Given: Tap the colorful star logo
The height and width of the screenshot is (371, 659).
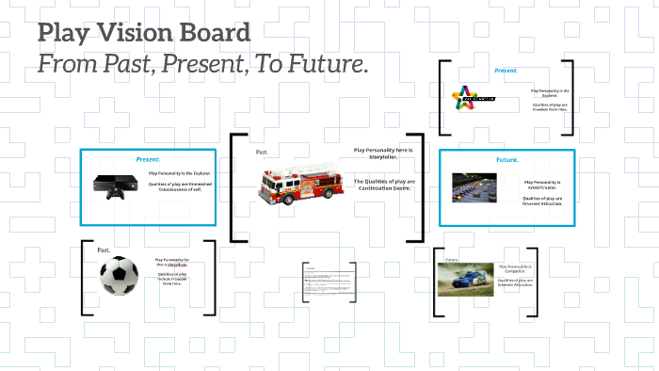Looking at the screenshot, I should (x=465, y=97).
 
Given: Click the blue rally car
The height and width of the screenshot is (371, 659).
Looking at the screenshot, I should (x=465, y=279).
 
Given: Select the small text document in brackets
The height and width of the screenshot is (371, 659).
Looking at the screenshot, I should (x=329, y=281).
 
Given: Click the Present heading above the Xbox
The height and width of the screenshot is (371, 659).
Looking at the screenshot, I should (x=148, y=159).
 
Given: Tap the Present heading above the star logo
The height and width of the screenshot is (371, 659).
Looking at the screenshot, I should (x=506, y=71).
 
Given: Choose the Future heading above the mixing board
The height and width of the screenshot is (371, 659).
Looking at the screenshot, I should (x=507, y=160).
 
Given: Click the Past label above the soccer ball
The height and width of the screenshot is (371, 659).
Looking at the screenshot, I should (x=104, y=250).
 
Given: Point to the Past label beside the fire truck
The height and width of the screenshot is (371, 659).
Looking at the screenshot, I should (x=262, y=152).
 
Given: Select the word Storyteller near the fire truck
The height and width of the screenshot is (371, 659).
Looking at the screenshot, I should (x=383, y=156).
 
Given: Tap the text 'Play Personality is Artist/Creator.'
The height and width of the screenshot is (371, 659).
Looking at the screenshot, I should (x=542, y=185).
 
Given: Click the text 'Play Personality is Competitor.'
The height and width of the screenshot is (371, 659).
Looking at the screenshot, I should (x=516, y=270).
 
